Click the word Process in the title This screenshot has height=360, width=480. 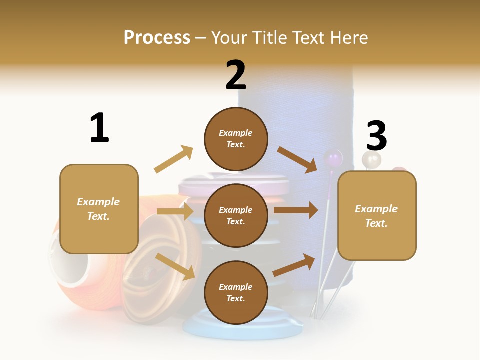click(157, 37)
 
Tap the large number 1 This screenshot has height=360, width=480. click(99, 128)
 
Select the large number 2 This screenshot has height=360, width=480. click(236, 75)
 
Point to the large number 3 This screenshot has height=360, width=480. click(377, 136)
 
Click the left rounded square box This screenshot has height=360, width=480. click(99, 209)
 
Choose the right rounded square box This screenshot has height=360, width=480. click(377, 216)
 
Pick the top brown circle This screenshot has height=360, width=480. click(236, 139)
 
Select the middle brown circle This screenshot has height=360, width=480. click(236, 216)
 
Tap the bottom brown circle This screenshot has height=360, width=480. click(236, 293)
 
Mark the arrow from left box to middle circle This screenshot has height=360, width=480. click(175, 211)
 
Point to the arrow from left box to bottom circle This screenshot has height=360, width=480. click(175, 266)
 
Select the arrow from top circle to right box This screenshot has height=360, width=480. click(298, 159)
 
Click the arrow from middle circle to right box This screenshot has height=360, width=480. click(296, 210)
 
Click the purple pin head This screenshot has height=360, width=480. click(333, 159)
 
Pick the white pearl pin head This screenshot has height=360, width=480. click(371, 160)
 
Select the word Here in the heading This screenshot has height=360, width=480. click(348, 37)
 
